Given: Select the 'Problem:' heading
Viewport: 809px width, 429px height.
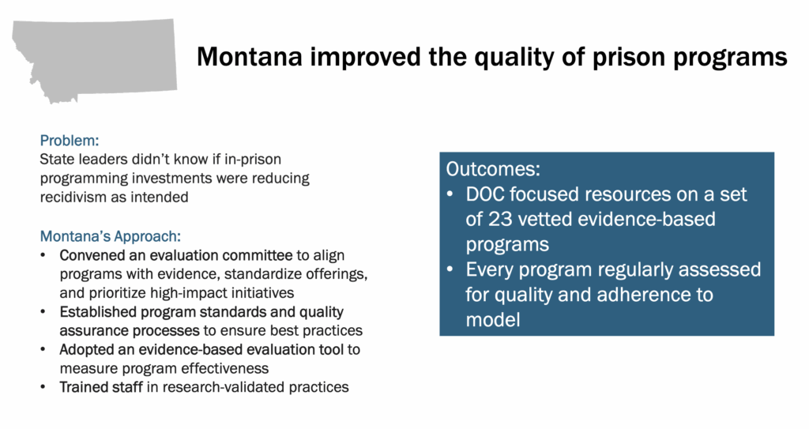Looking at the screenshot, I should [70, 141].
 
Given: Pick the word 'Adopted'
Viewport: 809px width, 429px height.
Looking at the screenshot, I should [84, 348].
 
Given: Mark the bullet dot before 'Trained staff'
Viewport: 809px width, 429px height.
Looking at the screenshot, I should [43, 387].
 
